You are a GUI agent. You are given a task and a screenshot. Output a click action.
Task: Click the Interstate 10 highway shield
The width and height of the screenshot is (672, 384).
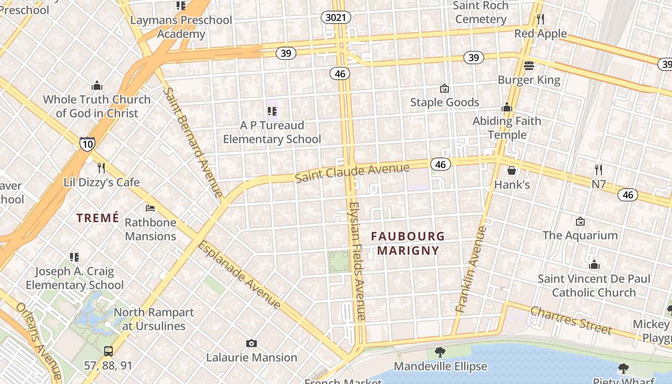tap(87, 144)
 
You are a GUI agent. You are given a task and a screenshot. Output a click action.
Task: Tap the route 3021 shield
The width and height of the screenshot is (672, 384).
tap(336, 18)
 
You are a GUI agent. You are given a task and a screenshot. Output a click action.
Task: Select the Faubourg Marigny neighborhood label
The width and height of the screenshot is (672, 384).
tap(408, 243)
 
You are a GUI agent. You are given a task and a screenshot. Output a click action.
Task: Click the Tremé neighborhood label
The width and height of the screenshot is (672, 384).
tap(97, 218)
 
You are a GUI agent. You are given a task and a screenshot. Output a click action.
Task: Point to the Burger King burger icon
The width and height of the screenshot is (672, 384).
tap(529, 66)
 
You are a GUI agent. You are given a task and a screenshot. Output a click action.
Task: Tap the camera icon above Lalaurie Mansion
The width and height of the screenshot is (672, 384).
tap(251, 343)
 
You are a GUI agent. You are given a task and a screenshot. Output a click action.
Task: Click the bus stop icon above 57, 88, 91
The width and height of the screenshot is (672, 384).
tap(108, 351)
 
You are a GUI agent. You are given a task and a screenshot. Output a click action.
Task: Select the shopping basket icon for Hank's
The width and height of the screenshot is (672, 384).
tap(512, 170)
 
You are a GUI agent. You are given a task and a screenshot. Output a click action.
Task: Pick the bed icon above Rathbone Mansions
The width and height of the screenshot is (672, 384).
tap(150, 208)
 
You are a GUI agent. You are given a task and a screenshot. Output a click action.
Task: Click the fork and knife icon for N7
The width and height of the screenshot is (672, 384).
tap(598, 169)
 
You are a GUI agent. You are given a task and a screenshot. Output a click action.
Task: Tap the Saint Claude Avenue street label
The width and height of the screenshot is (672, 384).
tap(352, 173)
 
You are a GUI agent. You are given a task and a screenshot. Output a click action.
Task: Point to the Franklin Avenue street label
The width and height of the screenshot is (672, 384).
tap(471, 270)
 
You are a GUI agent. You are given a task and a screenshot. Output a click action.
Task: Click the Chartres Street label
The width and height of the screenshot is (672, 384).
tap(571, 320)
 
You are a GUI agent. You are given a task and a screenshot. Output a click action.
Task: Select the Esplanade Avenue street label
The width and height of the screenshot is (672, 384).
tap(239, 275)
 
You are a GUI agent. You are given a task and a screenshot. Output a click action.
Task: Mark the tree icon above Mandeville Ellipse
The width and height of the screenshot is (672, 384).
tap(440, 352)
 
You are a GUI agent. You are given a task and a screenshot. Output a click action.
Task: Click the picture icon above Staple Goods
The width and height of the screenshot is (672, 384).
tap(444, 88)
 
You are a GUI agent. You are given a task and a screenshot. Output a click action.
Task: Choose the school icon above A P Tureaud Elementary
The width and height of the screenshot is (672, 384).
tap(272, 111)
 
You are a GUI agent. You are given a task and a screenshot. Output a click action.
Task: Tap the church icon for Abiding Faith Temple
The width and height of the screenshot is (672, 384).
tap(507, 107)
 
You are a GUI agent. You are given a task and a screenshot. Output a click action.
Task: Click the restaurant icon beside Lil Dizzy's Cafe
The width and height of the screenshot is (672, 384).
tap(101, 168)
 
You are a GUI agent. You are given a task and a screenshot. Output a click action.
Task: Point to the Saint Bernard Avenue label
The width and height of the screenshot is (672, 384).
tap(193, 142)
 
